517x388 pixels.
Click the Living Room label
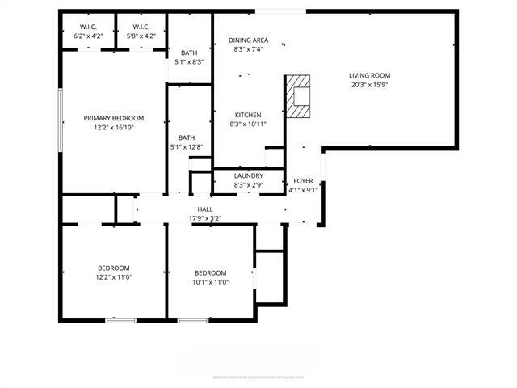coord(370,75)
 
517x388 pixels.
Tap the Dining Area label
coord(249,40)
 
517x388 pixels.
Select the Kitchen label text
coord(249,115)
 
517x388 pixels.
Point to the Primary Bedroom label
coord(113,118)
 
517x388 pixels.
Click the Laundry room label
coord(248,175)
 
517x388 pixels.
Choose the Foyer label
coord(303,181)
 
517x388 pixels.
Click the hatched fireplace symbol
coord(300,96)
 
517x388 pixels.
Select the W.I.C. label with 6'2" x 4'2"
coord(89,27)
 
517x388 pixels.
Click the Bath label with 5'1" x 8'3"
coord(188,53)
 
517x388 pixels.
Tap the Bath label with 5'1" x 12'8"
coord(187,137)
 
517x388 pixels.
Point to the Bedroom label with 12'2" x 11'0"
coord(113,268)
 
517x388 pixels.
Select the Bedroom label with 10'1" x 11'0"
coord(210,273)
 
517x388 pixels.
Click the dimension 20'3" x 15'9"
coord(370,85)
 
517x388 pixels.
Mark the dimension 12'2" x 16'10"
coord(113,128)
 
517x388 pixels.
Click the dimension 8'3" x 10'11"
coord(249,124)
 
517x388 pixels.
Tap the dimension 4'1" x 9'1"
coord(303,191)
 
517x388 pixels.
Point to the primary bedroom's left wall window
coord(61,119)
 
